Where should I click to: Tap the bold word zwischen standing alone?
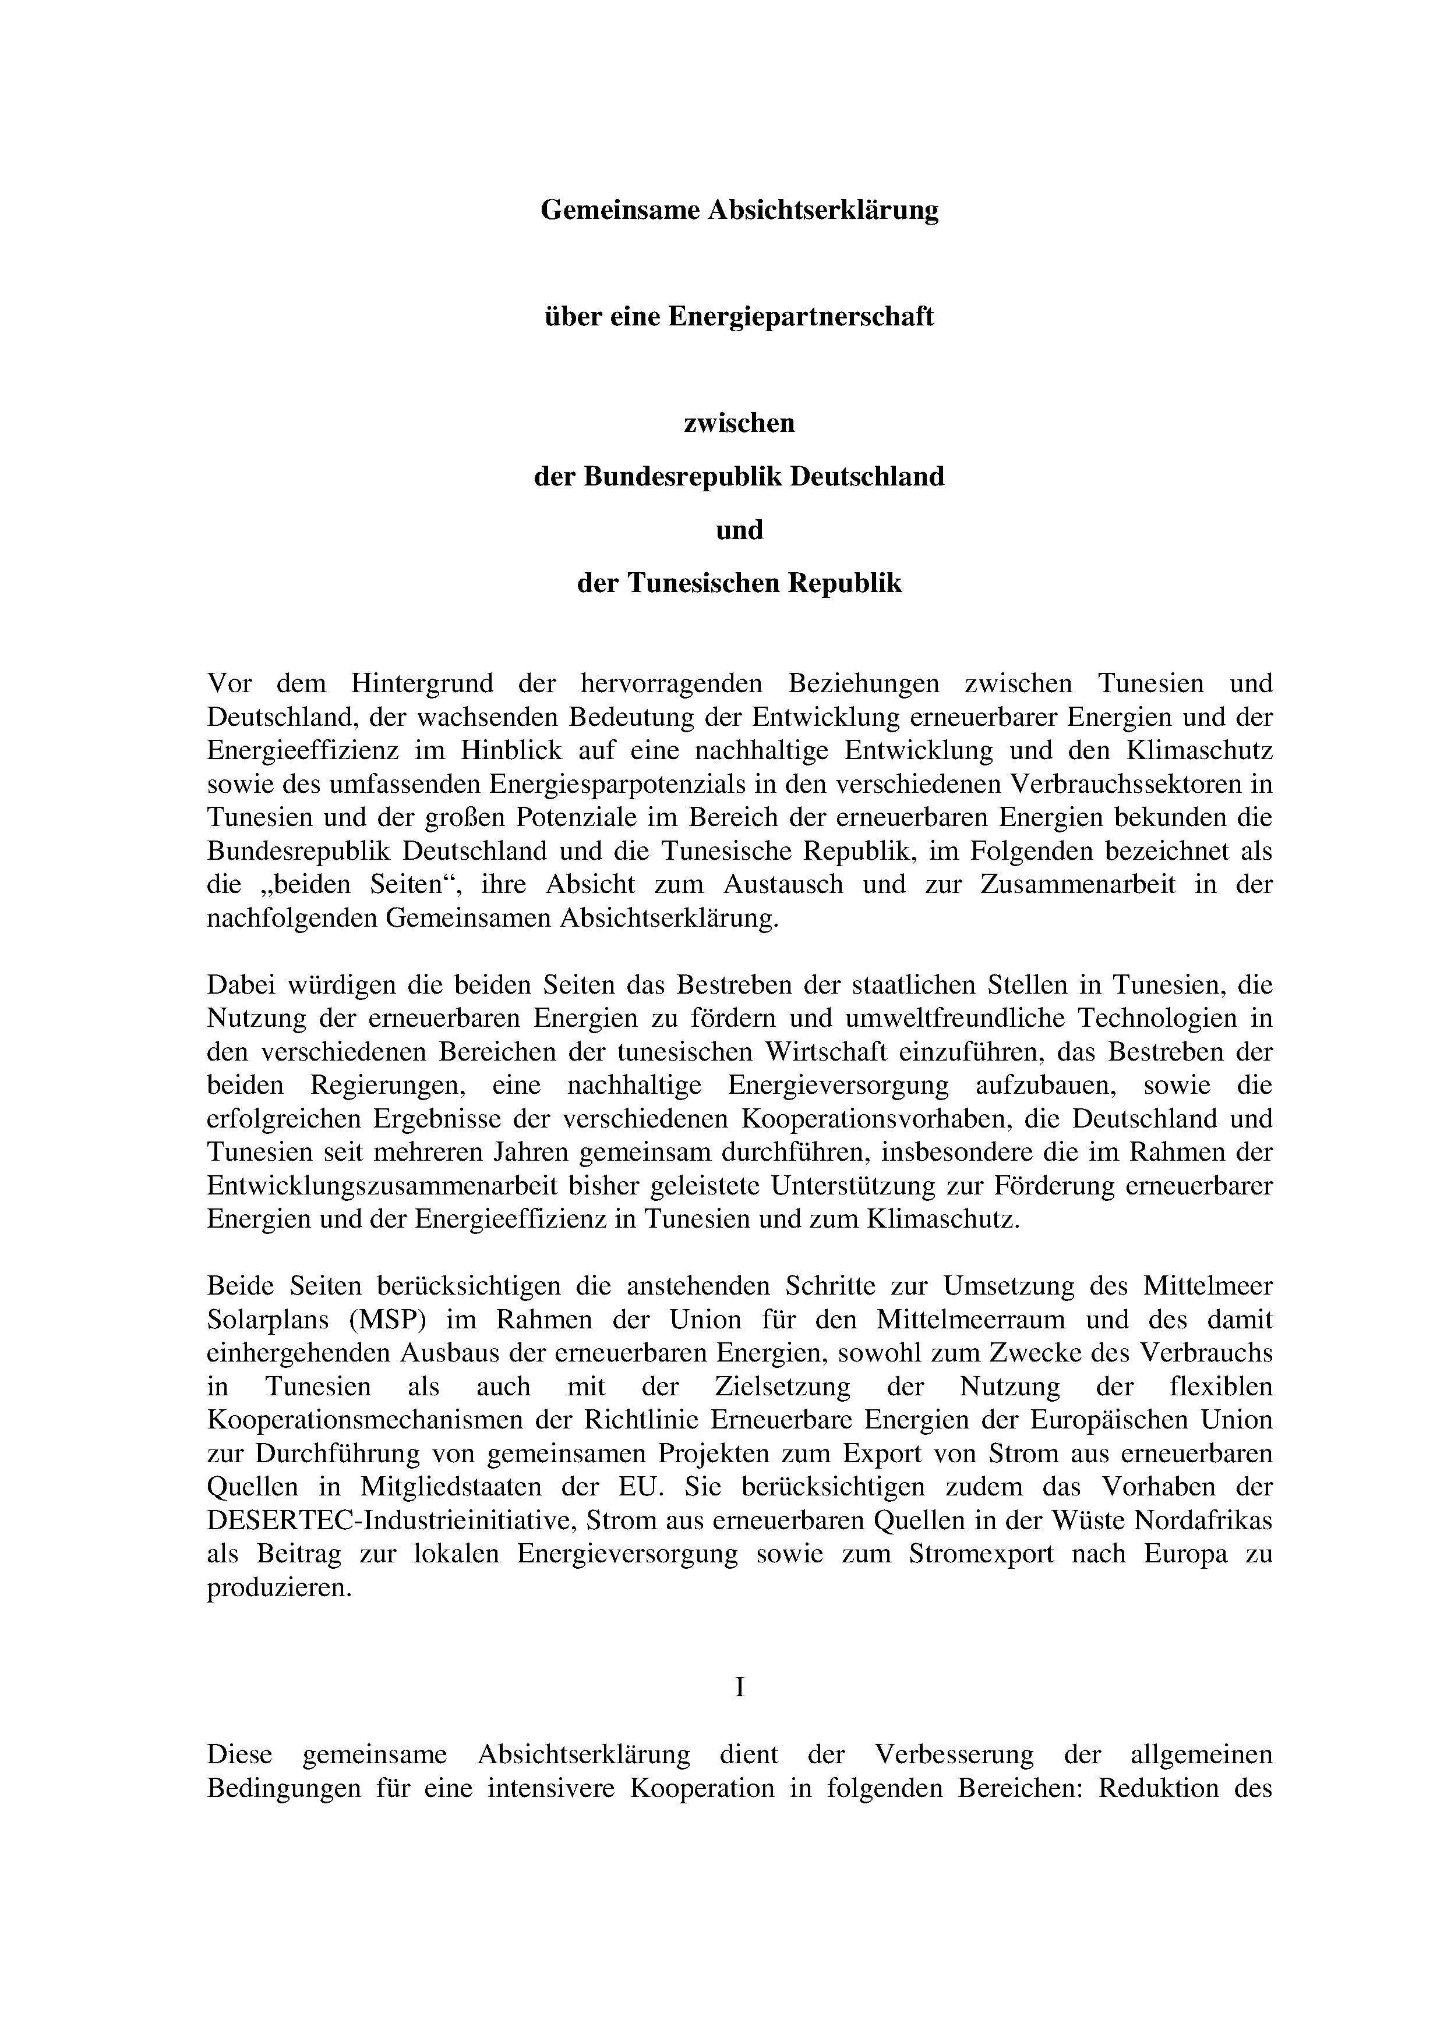coord(739,423)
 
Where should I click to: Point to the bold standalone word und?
coord(739,530)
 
